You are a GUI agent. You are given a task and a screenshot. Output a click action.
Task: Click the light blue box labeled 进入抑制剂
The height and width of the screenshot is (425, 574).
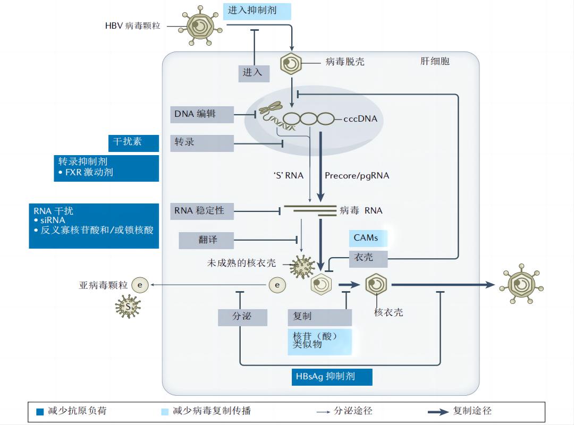point(257,11)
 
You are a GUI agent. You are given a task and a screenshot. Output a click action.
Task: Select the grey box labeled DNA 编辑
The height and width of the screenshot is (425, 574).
point(201,114)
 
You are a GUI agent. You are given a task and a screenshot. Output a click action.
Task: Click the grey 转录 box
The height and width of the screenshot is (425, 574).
point(201,143)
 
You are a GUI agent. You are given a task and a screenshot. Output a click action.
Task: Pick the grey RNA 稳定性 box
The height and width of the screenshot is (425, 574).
point(201,211)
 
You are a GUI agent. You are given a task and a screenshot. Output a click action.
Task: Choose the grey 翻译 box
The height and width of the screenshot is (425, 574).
point(206,240)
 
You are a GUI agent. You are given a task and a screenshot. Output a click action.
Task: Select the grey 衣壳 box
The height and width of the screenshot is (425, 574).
point(368,258)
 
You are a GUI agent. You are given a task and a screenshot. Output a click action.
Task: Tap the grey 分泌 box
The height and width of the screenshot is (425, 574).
point(242,317)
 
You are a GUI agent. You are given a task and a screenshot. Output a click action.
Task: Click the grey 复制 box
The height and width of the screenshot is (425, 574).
point(319,317)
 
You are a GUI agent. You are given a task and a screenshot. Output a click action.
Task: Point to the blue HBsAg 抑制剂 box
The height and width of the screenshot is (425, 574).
point(332,377)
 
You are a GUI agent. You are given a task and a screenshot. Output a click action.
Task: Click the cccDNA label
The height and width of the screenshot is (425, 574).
point(360,119)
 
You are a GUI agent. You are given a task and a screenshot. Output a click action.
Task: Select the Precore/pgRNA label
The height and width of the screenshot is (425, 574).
point(357,176)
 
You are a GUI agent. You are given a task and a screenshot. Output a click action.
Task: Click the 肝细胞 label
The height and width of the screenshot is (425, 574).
point(435,61)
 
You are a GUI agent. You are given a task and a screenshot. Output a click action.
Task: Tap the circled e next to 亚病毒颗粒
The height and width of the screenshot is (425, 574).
point(140,285)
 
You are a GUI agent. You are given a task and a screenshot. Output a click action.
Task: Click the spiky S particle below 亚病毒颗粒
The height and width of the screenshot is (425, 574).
point(128,307)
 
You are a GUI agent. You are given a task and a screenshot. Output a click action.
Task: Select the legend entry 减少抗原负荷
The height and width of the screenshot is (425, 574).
point(72,411)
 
